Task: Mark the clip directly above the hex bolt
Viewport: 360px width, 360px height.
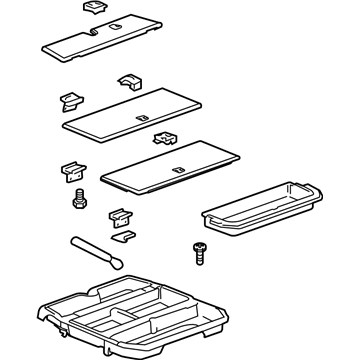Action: tap(76, 171)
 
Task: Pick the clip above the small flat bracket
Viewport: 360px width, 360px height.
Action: tap(121, 215)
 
